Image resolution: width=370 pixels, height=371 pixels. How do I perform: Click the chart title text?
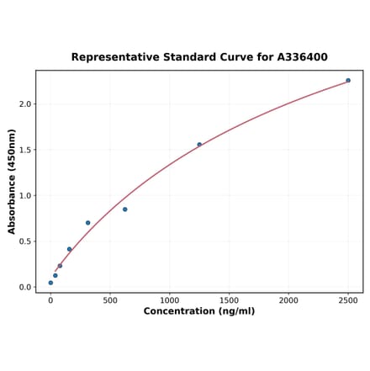click(x=199, y=57)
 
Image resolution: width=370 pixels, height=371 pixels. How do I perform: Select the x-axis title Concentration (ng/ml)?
click(x=199, y=311)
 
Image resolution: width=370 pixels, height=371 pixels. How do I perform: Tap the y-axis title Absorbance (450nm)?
click(x=12, y=181)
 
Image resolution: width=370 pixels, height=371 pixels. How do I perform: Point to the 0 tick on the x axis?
click(x=50, y=299)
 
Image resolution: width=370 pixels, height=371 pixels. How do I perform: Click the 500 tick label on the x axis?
click(x=110, y=299)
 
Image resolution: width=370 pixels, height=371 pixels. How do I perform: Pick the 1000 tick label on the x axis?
click(x=170, y=299)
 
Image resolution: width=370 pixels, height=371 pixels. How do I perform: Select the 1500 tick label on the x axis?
click(x=229, y=299)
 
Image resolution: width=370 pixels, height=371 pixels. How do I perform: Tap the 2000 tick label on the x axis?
click(x=288, y=299)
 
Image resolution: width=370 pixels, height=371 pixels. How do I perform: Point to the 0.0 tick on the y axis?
click(x=25, y=287)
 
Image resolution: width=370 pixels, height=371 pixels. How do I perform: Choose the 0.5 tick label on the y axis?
click(x=25, y=241)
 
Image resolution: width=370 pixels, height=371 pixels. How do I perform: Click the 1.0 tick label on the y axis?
click(x=25, y=196)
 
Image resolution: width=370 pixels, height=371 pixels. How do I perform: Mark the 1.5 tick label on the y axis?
click(x=25, y=150)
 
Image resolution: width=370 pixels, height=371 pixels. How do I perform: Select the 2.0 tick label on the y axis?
click(x=25, y=104)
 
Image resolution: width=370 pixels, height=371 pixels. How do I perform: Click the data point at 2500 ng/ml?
click(x=348, y=81)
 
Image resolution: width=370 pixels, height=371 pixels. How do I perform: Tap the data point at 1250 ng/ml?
click(x=199, y=145)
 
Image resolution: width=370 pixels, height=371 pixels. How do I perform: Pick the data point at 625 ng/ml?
click(x=124, y=209)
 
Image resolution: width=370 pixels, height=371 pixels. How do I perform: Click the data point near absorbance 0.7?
click(x=87, y=223)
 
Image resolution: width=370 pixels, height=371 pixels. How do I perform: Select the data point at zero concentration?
click(x=50, y=283)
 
